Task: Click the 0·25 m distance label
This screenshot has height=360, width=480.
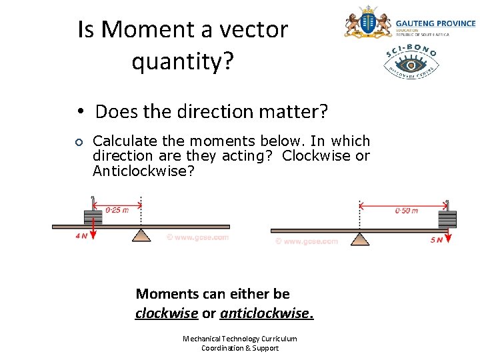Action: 117,210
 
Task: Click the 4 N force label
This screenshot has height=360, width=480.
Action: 81,236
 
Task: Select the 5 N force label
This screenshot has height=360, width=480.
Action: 437,239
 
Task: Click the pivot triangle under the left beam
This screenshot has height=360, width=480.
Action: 141,235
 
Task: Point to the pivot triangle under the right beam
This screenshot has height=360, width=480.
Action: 360,238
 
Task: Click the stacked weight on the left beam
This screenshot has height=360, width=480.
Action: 93,217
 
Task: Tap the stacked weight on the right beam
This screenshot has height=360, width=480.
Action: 447,219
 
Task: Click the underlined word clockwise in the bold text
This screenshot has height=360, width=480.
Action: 167,313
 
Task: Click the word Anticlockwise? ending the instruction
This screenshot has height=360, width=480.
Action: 143,171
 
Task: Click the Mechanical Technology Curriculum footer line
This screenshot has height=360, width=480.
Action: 240,339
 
